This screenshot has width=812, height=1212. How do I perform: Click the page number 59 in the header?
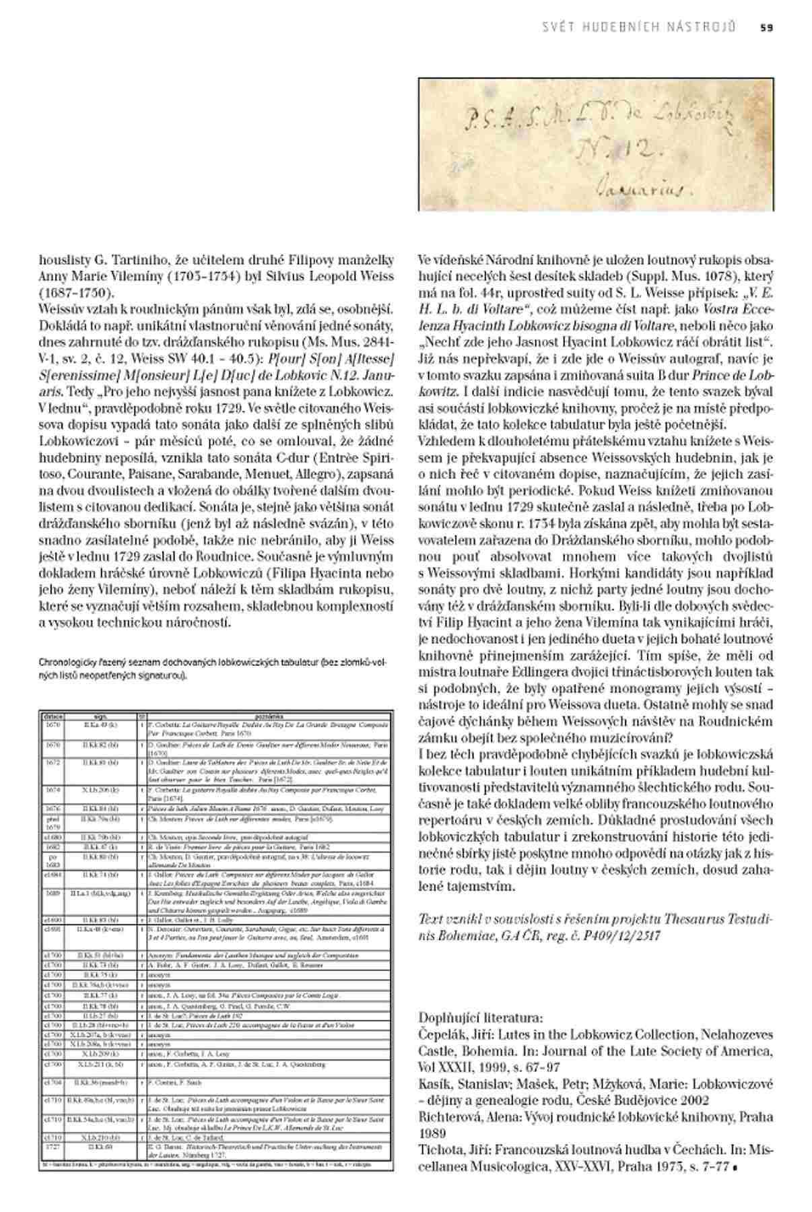[767, 28]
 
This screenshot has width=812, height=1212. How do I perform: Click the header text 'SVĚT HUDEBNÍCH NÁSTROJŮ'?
[638, 28]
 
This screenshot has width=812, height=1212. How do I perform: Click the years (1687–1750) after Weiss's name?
[77, 293]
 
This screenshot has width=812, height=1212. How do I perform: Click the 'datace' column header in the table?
[53, 717]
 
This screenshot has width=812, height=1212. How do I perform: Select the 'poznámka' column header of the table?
[267, 717]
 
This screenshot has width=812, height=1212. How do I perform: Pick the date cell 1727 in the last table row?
[53, 1145]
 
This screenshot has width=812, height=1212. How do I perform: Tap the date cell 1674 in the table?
[53, 790]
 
